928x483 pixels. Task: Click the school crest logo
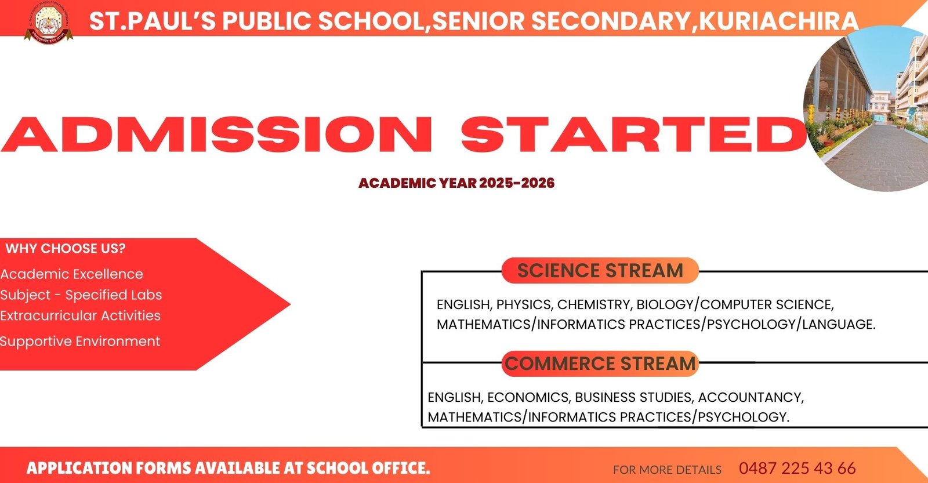pyautogui.click(x=49, y=22)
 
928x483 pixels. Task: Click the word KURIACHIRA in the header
pyautogui.click(x=778, y=21)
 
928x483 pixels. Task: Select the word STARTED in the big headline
pyautogui.click(x=633, y=135)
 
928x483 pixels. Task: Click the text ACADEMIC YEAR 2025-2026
pyautogui.click(x=456, y=183)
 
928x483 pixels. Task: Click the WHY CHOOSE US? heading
pyautogui.click(x=66, y=249)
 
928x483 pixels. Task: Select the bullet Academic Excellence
pyautogui.click(x=71, y=274)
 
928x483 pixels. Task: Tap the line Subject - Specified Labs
pyautogui.click(x=81, y=295)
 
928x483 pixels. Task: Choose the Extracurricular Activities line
pyautogui.click(x=80, y=316)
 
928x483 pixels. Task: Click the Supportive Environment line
pyautogui.click(x=79, y=342)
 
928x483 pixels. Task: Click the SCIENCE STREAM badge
pyautogui.click(x=600, y=271)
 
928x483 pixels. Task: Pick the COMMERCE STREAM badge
pyautogui.click(x=600, y=364)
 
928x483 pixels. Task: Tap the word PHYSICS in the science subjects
pyautogui.click(x=524, y=305)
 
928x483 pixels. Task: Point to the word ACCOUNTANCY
pyautogui.click(x=750, y=398)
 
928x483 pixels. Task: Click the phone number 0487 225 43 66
pyautogui.click(x=797, y=469)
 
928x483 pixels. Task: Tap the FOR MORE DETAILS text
pyautogui.click(x=667, y=470)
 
